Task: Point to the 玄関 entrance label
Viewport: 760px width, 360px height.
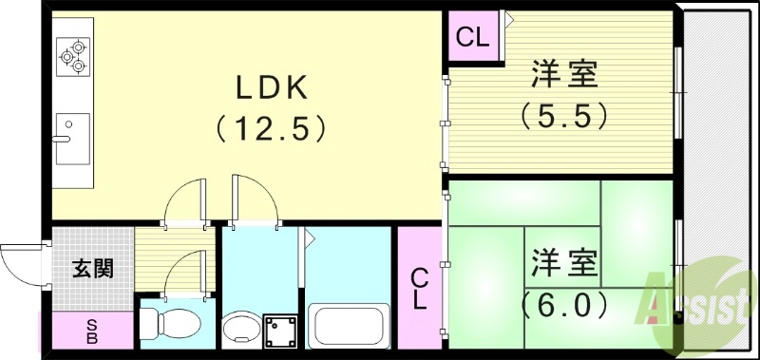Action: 93,268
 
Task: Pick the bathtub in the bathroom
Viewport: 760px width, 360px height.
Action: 349,328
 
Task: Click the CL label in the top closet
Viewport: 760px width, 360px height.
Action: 473,38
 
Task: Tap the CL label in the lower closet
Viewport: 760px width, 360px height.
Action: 419,289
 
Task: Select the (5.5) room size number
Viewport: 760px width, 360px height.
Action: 562,115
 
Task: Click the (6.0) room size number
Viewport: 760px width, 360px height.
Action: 562,306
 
